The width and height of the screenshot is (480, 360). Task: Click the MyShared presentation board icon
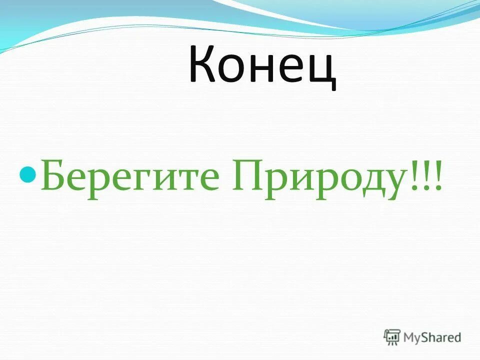(x=392, y=337)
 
